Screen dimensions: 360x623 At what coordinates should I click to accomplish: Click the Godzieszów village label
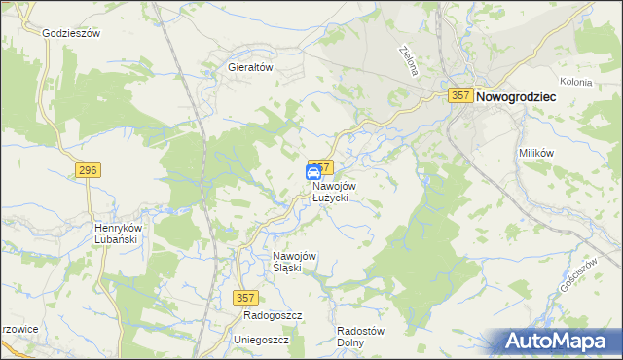[72, 32]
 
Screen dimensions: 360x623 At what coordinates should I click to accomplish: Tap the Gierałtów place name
[249, 68]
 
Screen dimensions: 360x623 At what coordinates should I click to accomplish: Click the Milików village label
[535, 155]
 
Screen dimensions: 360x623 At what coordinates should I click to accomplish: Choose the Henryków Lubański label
[118, 234]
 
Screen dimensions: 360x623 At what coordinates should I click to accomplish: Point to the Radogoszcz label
[274, 316]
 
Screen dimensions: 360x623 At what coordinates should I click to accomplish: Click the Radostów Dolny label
[360, 336]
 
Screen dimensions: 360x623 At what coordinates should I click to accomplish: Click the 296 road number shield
[88, 171]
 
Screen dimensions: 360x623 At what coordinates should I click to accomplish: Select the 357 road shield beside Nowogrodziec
[461, 95]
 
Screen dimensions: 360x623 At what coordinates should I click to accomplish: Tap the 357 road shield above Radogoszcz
[247, 295]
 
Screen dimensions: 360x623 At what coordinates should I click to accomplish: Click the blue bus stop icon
[313, 173]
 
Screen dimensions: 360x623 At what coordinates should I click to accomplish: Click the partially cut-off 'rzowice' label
[18, 329]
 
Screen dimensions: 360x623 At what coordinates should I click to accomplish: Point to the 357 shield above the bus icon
[322, 166]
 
